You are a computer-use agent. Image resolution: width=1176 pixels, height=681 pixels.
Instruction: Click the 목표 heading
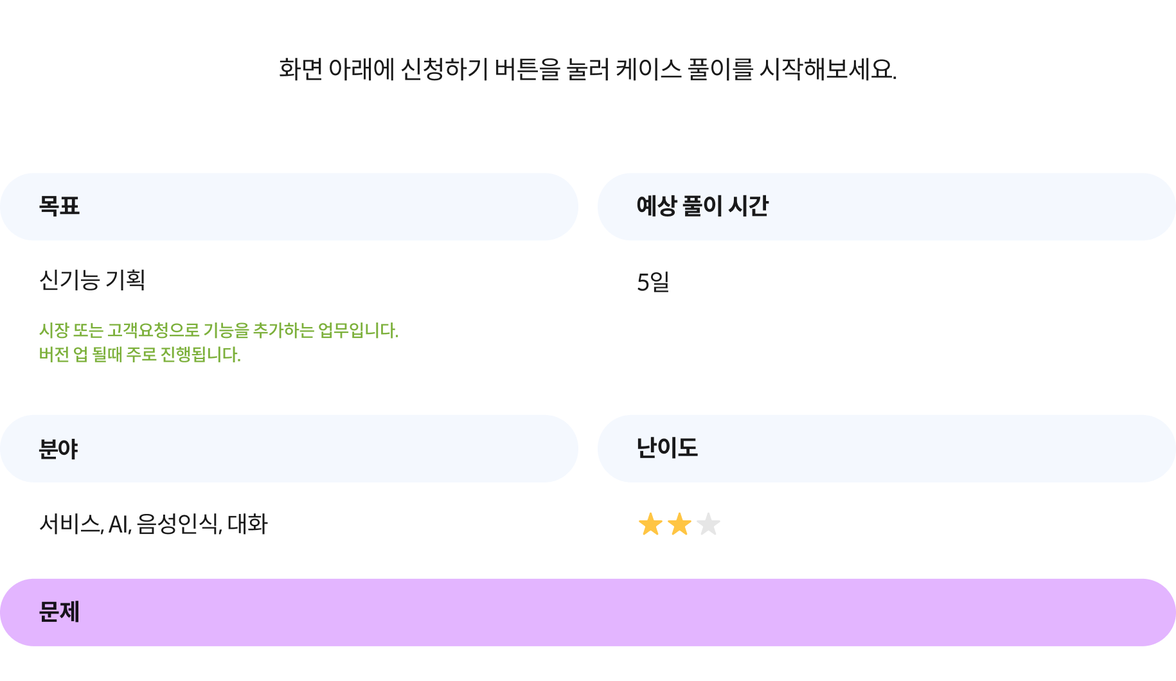pos(59,206)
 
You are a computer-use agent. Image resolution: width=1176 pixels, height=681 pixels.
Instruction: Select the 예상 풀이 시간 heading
pos(702,206)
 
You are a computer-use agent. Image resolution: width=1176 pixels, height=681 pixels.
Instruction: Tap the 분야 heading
pos(58,448)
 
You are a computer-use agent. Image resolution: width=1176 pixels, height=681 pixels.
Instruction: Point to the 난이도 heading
pos(667,448)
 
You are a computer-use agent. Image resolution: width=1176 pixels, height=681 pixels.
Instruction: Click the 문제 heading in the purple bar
pos(59,612)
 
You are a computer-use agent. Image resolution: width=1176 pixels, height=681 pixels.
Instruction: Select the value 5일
pos(653,282)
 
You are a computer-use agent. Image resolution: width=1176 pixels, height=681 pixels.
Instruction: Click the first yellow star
pos(650,524)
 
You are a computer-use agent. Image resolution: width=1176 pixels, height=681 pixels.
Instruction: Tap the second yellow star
pos(679,524)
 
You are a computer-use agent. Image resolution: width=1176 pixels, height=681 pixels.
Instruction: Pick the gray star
pos(708,524)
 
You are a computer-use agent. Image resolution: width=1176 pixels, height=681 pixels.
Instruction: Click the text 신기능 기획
pos(93,280)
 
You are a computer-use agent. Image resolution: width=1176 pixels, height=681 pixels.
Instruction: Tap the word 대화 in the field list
pos(247,524)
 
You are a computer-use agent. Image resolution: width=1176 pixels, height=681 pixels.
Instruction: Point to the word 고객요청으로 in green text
pos(154,330)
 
